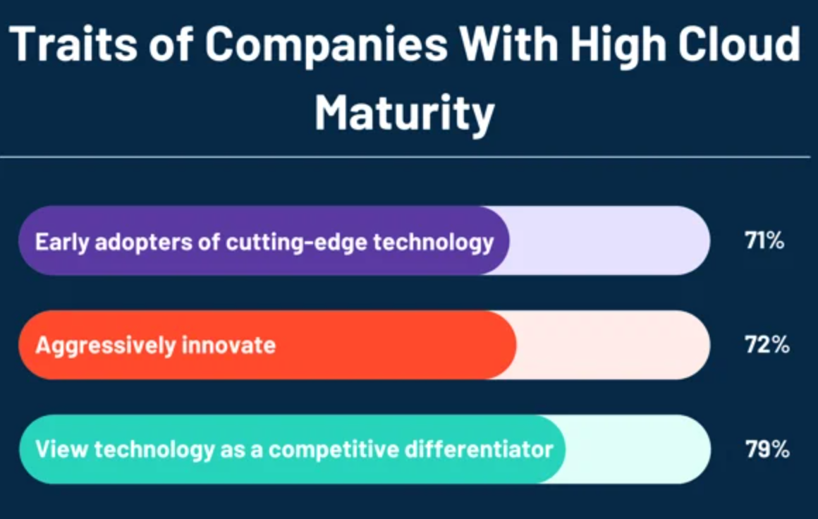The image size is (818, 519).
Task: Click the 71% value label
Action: click(764, 240)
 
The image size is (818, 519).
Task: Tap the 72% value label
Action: click(767, 345)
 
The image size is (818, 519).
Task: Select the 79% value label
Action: click(767, 449)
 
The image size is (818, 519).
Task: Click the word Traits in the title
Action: click(73, 44)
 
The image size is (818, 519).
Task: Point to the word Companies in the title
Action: click(326, 46)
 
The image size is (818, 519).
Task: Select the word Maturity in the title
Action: click(404, 114)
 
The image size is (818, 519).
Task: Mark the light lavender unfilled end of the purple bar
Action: click(611, 240)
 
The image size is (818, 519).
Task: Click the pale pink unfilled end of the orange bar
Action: click(613, 345)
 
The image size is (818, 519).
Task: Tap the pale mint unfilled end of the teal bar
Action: click(638, 449)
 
